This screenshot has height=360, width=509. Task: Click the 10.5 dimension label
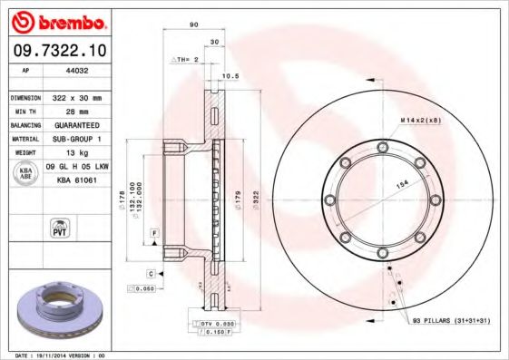[230, 77]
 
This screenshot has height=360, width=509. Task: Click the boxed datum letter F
[154, 234]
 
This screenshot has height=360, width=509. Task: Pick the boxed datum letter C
[149, 272]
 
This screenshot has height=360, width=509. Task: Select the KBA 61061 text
[78, 180]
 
